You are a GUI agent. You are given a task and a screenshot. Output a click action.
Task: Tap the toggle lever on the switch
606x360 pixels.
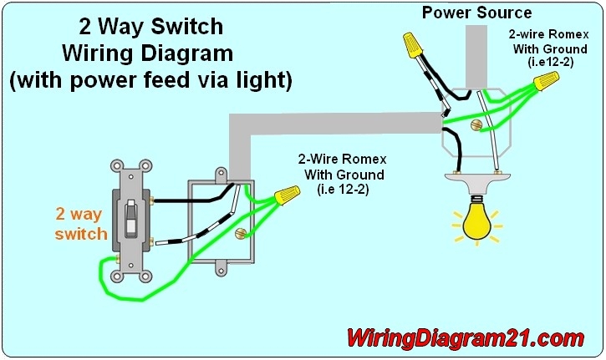pos(132,220)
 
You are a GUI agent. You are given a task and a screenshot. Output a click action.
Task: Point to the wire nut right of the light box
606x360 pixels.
pos(546,82)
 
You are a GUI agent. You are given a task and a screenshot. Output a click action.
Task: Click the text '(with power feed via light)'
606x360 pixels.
pos(150,81)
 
